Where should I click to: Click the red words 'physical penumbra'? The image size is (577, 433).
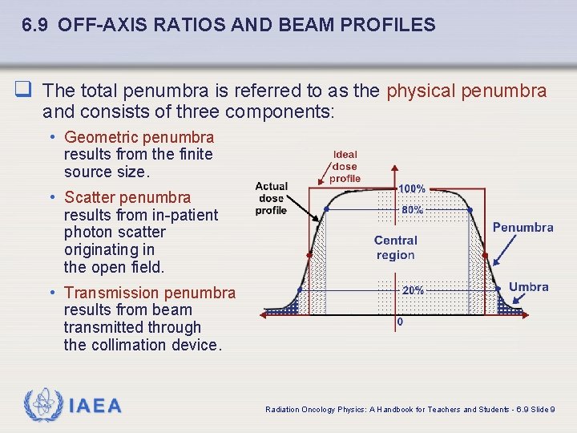pos(466,91)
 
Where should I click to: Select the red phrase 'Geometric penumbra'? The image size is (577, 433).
pos(139,137)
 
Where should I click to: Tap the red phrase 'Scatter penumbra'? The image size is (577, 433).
pos(127,197)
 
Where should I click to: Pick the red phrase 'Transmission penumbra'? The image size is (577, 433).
pos(150,293)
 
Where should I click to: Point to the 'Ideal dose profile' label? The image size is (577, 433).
pos(345,166)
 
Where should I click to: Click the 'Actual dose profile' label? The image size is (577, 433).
pos(271,198)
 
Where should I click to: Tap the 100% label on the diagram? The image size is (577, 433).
pos(412,189)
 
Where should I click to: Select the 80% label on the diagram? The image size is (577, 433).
pos(412,209)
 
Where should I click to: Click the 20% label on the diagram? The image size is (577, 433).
pos(413,290)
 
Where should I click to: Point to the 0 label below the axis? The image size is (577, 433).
pos(400,322)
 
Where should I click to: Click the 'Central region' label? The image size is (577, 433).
pos(395,248)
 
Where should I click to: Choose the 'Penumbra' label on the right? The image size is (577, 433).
pos(523,228)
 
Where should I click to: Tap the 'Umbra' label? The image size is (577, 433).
pos(529,287)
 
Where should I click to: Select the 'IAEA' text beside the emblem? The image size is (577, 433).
pos(95,406)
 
